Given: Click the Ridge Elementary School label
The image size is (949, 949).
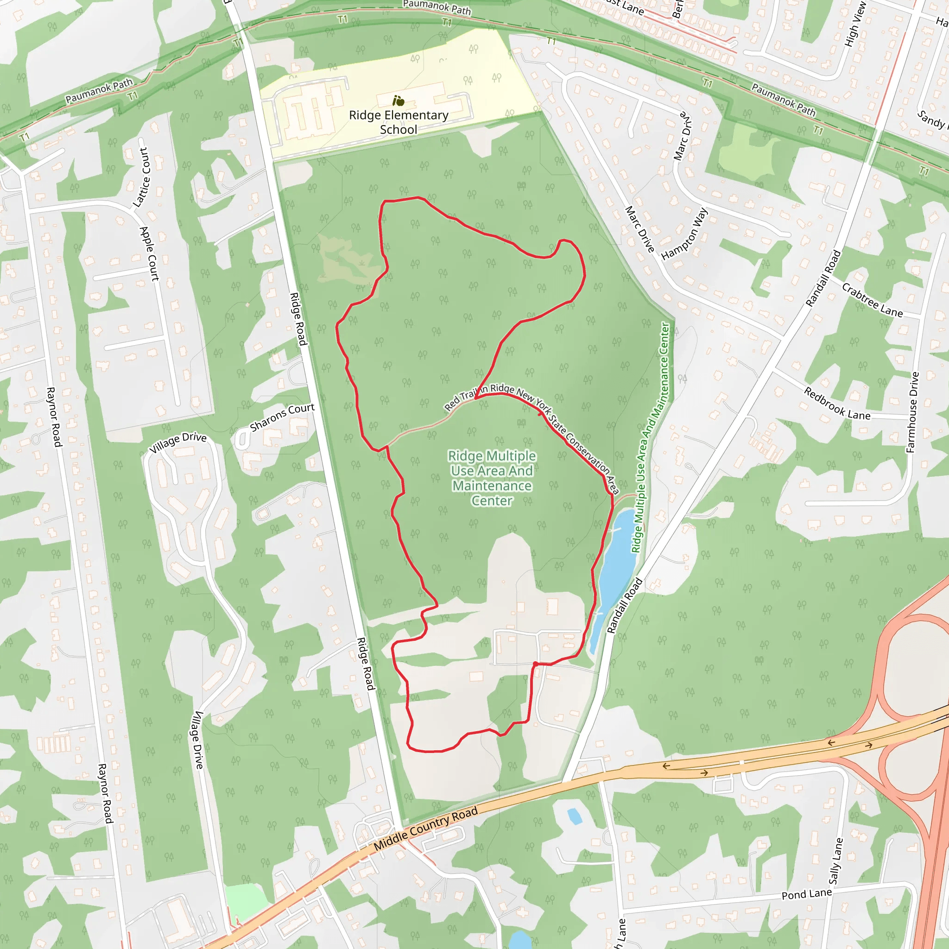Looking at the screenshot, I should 399,122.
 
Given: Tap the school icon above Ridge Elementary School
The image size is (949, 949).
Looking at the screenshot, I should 399,101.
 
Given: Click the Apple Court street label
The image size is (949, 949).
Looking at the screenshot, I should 150,253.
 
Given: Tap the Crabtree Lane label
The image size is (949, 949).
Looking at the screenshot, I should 872,300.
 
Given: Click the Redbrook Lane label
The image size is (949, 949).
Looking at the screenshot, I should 836,404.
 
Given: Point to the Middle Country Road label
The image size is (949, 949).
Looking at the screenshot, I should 425,829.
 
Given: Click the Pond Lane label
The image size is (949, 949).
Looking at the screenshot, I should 807,894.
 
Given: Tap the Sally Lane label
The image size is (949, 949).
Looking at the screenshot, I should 835,860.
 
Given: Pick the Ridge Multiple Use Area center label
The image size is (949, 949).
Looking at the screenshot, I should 492,478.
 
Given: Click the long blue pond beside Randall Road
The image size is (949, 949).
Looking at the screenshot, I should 614,575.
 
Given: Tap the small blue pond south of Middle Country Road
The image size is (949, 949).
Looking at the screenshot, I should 574,816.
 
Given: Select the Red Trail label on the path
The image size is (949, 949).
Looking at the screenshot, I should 460,400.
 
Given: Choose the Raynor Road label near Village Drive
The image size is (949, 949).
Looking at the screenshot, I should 54,417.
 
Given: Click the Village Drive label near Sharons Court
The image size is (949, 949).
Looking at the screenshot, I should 178,443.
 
